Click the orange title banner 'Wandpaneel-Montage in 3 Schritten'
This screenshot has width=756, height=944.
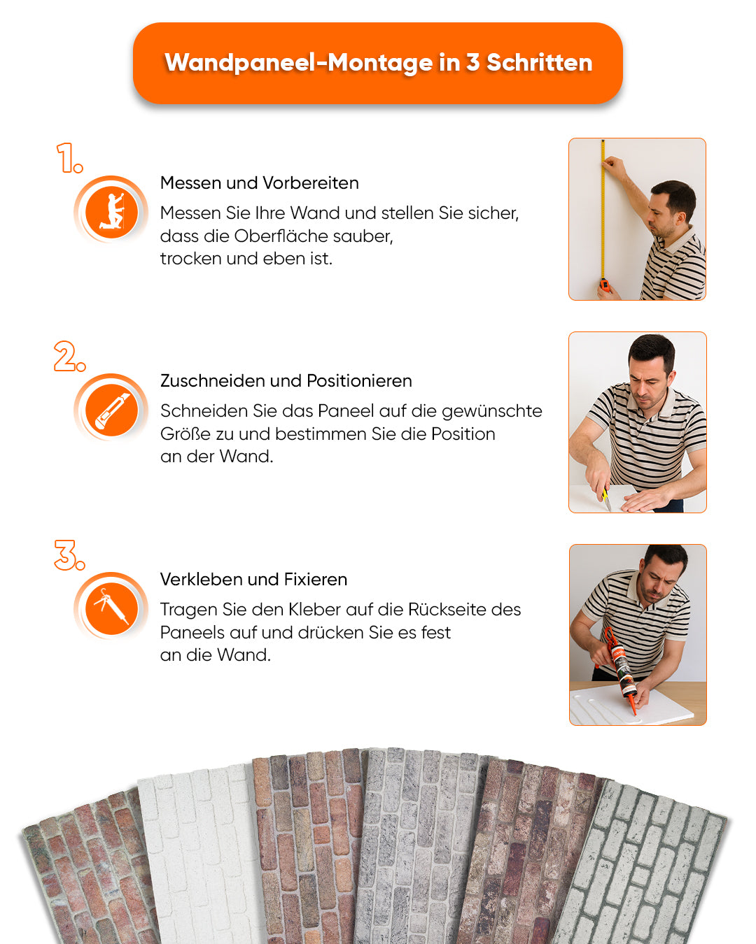coord(378,63)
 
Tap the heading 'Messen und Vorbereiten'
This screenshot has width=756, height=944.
coord(259,183)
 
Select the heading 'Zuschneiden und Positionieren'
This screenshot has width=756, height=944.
coord(286,381)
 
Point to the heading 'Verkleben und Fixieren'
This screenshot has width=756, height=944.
coord(253,580)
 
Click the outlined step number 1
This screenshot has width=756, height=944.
coord(69,158)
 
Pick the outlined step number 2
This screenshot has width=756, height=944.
coord(69,357)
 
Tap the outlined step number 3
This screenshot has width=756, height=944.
coord(69,555)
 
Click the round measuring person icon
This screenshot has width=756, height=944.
coord(111,210)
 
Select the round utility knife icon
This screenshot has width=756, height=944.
coord(111,408)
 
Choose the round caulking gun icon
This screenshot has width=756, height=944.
coord(111,606)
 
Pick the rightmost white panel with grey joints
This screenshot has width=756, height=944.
coord(644,867)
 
